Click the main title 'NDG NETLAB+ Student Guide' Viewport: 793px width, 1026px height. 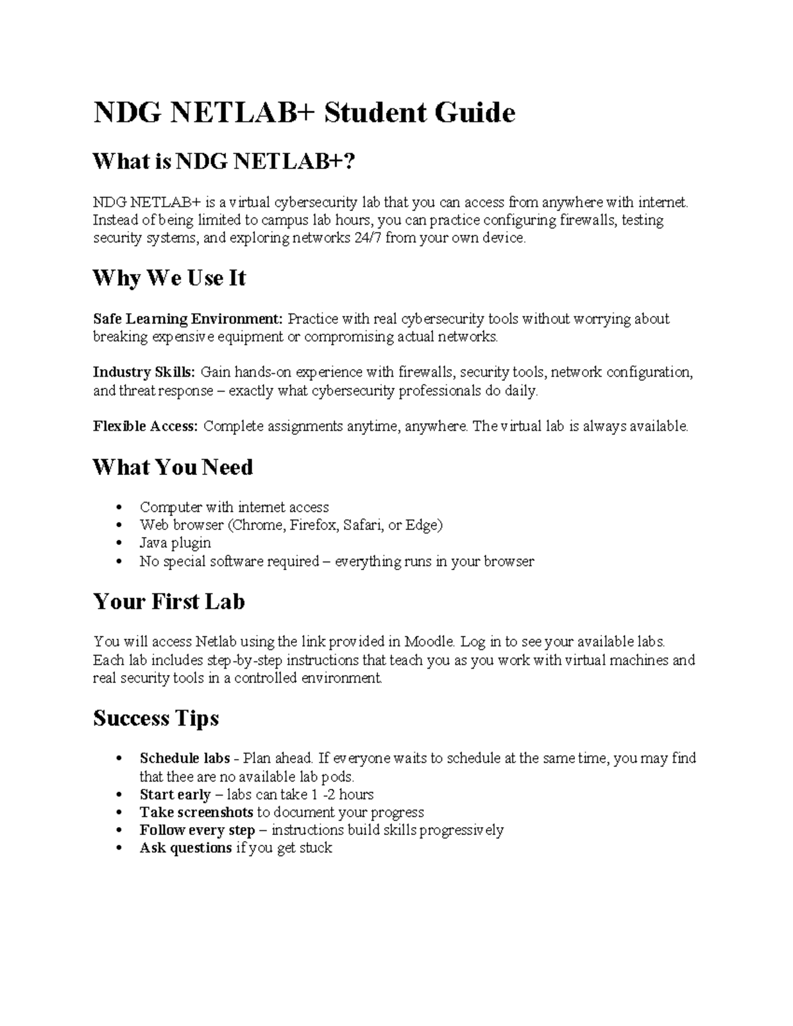tap(304, 113)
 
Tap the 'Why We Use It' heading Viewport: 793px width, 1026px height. tap(169, 278)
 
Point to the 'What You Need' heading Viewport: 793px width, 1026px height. tap(172, 467)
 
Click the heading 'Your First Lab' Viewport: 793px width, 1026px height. tap(169, 601)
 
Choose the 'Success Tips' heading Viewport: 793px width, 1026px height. tap(156, 718)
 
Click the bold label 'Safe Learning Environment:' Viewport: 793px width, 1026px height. tap(188, 319)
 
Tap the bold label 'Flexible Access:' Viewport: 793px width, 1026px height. tap(145, 427)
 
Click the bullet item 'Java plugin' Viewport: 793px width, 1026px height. tap(175, 543)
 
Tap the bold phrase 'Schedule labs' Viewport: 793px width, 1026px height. tap(184, 758)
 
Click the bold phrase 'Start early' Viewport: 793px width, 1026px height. tap(175, 795)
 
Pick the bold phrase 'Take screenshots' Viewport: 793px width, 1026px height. tap(196, 813)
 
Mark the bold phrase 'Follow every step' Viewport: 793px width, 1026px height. tap(197, 830)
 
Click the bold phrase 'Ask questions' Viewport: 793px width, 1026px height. tap(186, 848)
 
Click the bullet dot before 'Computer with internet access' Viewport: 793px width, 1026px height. tap(119, 508)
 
